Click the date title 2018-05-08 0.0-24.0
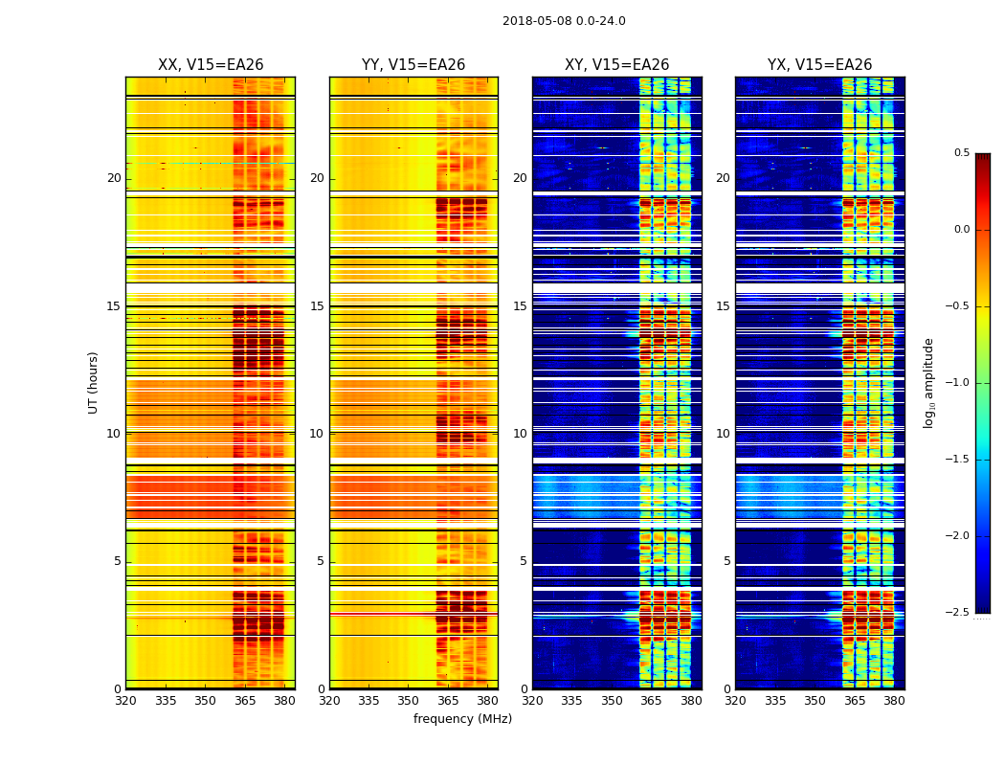[564, 21]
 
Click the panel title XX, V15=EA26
[211, 65]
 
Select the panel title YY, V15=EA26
[413, 65]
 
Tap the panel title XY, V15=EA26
[616, 65]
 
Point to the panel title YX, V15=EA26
[819, 65]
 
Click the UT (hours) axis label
[94, 382]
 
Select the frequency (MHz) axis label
[462, 719]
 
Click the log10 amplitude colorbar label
[929, 383]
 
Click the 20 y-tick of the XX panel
[114, 178]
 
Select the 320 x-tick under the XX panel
[125, 701]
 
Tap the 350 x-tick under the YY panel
[409, 701]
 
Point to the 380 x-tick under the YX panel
[894, 701]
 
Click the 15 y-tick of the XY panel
[520, 306]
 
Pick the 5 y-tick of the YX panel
[726, 561]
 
